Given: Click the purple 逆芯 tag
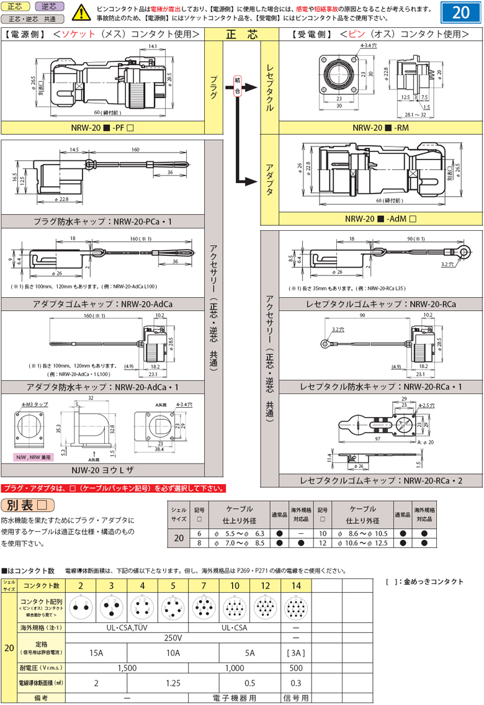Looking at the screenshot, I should [x=49, y=7].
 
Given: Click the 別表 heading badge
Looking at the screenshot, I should [x=27, y=505].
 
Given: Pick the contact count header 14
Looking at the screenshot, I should [x=296, y=585].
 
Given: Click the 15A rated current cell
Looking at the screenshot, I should [x=96, y=653].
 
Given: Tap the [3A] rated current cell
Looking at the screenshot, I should [x=296, y=653].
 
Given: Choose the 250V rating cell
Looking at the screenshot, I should [x=173, y=638].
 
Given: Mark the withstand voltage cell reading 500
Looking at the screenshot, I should [x=296, y=668].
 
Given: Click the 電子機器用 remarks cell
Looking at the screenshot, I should [x=235, y=698].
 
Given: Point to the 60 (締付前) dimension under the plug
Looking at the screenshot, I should [x=104, y=113].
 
